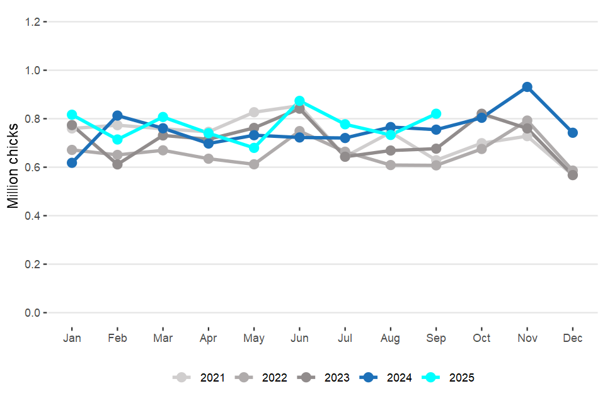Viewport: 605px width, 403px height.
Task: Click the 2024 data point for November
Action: pos(527,87)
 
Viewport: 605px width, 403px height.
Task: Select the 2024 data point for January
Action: pos(72,162)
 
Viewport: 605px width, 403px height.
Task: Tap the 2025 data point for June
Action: pos(300,101)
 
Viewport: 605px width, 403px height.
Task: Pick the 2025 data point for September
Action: pos(436,114)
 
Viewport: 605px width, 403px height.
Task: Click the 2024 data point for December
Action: pos(573,133)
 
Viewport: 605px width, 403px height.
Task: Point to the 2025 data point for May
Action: pos(254,148)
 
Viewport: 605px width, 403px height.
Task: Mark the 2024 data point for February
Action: pos(118,116)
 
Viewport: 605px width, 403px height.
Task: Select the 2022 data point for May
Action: pos(254,164)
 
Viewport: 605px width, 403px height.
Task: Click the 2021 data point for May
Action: pos(254,112)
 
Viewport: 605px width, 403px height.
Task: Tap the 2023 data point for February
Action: pos(118,164)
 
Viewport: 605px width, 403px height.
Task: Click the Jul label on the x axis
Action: pos(345,339)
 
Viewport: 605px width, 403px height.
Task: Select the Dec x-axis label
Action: pos(573,339)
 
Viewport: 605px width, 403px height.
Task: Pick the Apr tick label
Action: pos(209,339)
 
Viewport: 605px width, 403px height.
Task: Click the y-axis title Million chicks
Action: pos(13,167)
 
